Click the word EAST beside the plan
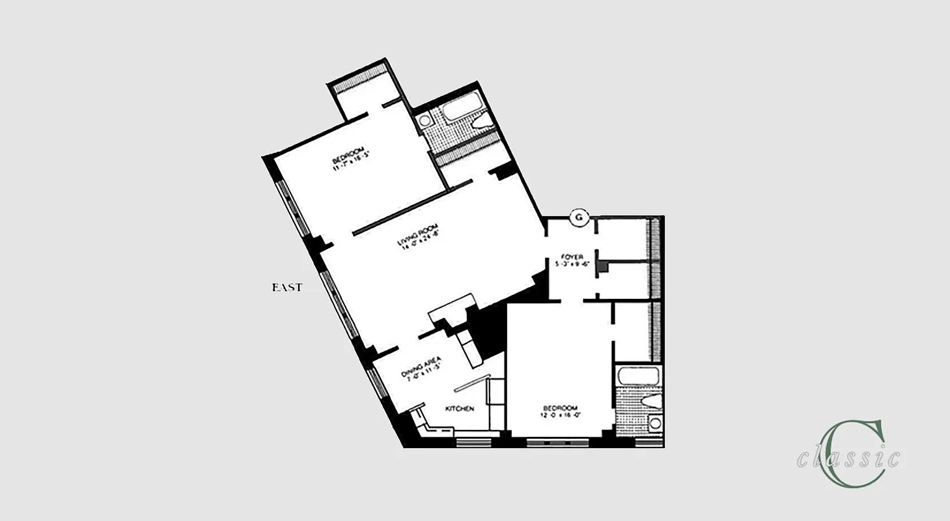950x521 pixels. click(287, 287)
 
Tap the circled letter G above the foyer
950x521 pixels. click(578, 218)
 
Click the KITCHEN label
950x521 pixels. click(459, 408)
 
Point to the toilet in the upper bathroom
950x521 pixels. click(482, 121)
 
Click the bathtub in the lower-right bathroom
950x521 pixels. click(638, 376)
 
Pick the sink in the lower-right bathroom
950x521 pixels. click(654, 424)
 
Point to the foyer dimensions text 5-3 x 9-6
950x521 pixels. click(569, 264)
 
